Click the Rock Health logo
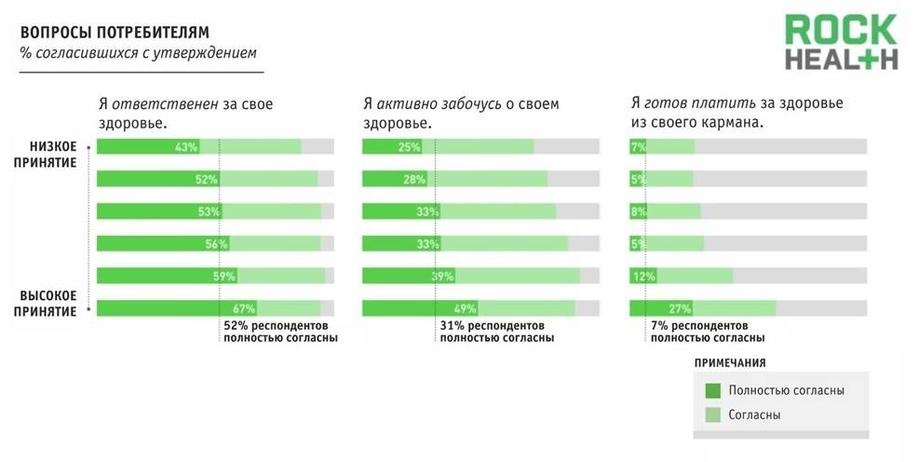pos(840,43)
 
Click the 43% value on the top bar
pos(186,147)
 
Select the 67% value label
pos(245,308)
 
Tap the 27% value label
pos(680,308)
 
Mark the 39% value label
pos(441,277)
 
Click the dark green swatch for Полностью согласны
pos(713,390)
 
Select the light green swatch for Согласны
pos(713,414)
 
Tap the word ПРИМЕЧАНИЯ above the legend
pos(731,362)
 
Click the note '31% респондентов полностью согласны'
pos(496,333)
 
